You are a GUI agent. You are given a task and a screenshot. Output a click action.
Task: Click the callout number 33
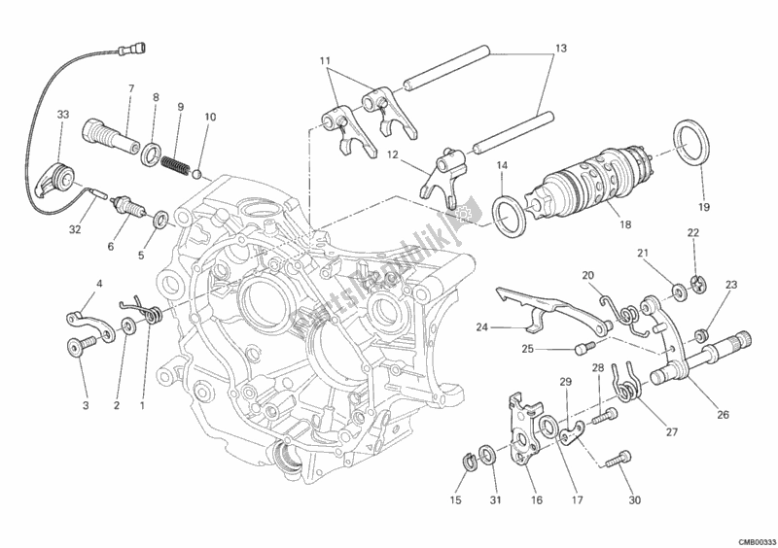(62, 114)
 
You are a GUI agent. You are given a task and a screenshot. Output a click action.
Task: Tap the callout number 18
(624, 224)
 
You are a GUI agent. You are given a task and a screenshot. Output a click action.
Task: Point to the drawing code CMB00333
(753, 538)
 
